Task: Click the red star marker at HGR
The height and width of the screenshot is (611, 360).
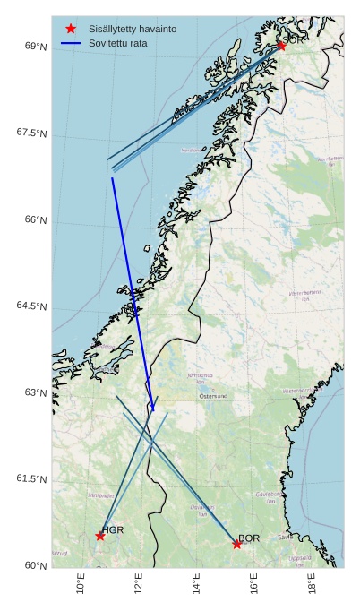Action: (100, 536)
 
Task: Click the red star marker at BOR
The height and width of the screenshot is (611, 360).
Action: (236, 544)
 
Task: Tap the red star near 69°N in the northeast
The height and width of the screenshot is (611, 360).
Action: (281, 46)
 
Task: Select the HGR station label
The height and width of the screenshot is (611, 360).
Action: (113, 530)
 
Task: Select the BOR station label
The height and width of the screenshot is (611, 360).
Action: (249, 538)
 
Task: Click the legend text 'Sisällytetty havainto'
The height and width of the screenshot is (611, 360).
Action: (133, 29)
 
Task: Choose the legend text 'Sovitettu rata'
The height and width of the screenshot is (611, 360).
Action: (118, 43)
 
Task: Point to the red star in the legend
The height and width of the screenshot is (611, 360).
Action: (71, 29)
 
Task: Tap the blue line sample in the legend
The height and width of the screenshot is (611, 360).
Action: (71, 43)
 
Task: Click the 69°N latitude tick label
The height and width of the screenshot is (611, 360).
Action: (36, 47)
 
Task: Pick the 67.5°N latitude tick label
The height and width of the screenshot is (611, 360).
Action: (31, 133)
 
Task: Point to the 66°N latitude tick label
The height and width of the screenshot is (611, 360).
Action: (36, 220)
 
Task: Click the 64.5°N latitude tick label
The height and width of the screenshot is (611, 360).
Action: (31, 306)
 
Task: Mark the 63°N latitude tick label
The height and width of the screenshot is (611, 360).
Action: (36, 392)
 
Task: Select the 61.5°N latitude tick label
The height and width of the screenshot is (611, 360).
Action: (31, 479)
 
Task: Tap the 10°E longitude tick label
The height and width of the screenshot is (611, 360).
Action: (81, 587)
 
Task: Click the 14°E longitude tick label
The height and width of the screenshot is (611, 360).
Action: (196, 587)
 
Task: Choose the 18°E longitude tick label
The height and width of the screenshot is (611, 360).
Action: (312, 587)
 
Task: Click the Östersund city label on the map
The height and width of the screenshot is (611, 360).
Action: (214, 395)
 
